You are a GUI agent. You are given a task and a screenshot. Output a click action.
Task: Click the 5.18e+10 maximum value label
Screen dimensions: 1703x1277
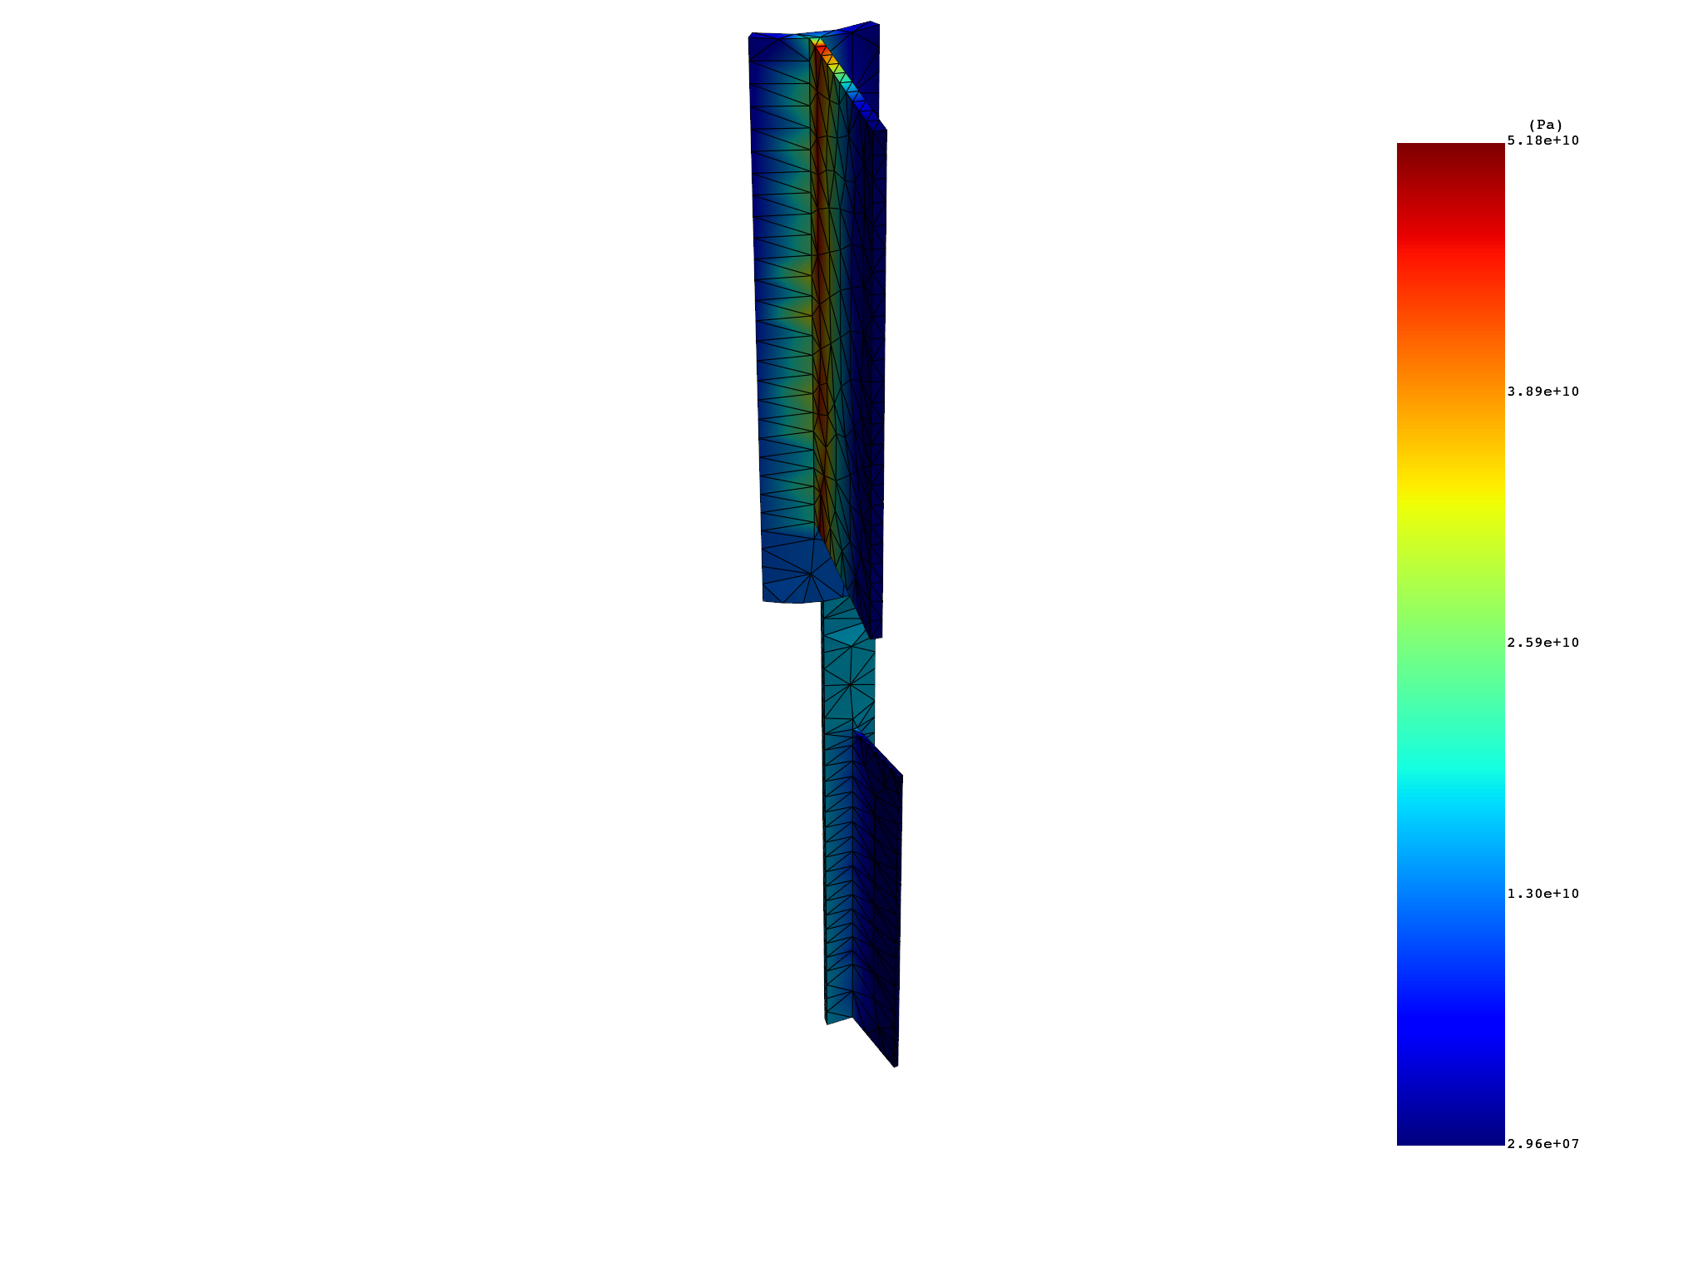point(1543,141)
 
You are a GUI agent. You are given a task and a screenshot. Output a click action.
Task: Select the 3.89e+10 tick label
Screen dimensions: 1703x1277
point(1543,392)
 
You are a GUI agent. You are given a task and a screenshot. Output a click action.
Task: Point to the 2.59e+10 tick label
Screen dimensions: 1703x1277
point(1543,643)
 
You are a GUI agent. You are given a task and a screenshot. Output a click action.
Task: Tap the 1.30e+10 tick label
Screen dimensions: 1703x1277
point(1543,894)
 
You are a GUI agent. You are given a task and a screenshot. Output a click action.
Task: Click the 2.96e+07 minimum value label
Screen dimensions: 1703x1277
point(1543,1144)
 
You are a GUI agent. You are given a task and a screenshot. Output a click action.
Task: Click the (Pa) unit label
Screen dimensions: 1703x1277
point(1546,126)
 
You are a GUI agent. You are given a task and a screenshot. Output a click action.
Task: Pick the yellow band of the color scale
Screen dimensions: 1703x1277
point(1450,495)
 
